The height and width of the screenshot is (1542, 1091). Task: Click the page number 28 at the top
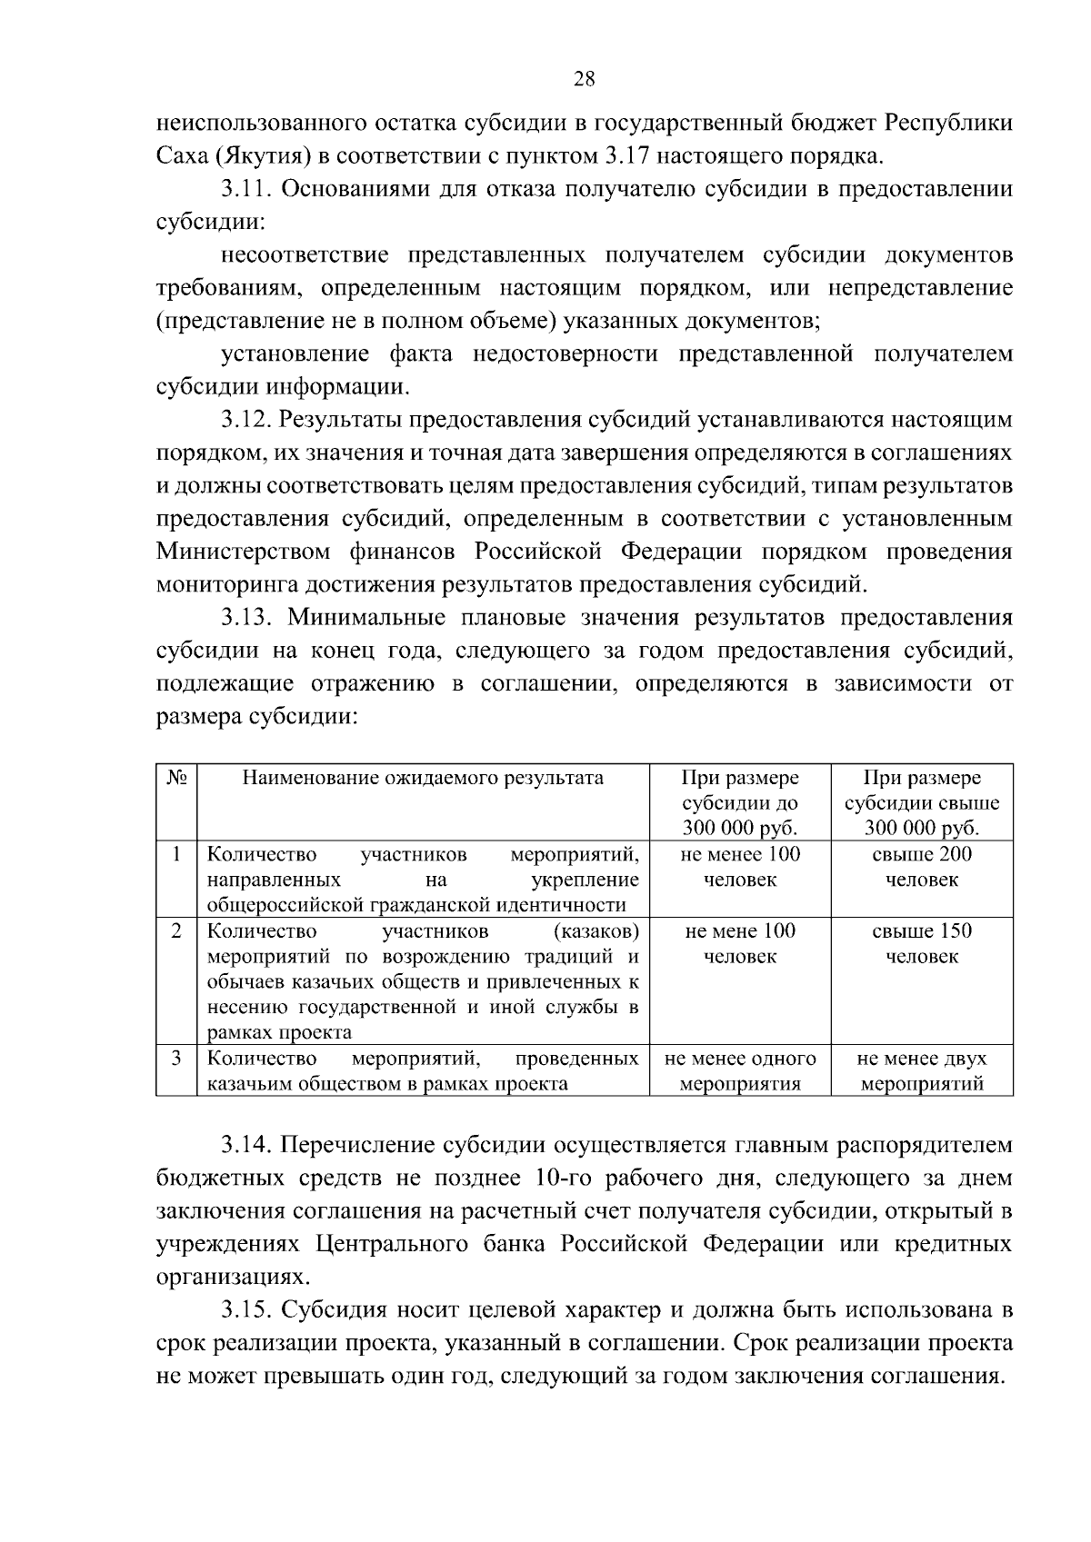(x=584, y=79)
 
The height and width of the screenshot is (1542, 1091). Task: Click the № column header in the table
(x=177, y=779)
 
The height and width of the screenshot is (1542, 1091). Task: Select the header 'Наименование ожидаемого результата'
(x=423, y=779)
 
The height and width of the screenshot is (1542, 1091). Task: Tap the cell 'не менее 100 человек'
(x=740, y=867)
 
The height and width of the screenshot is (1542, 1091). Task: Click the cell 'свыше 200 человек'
(x=922, y=867)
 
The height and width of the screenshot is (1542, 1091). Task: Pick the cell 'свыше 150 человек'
(x=922, y=943)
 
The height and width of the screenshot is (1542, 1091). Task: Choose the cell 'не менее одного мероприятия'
(x=740, y=1070)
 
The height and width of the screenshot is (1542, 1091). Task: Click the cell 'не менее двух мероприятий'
(x=922, y=1070)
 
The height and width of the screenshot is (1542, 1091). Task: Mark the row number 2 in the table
(x=177, y=931)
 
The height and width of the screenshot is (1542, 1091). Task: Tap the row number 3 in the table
(x=177, y=1059)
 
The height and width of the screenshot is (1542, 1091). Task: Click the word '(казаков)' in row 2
(x=596, y=931)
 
